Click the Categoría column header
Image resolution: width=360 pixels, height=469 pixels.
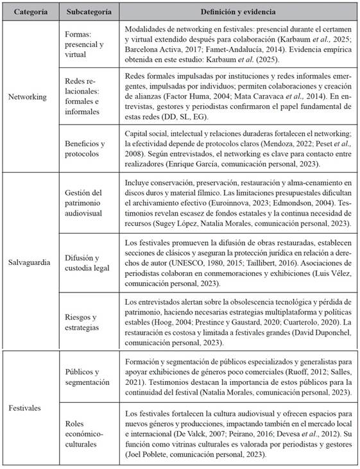[30, 12]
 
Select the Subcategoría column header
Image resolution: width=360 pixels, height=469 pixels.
[88, 12]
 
